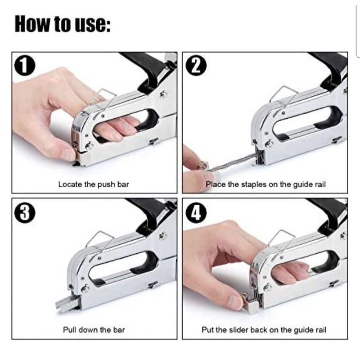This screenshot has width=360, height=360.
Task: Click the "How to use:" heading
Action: click(x=63, y=24)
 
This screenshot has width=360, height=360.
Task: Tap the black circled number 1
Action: click(x=25, y=67)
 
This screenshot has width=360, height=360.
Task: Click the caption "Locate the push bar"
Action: click(x=94, y=184)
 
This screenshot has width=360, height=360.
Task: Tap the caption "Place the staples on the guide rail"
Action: click(x=265, y=184)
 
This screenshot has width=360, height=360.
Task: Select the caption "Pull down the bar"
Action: click(x=94, y=330)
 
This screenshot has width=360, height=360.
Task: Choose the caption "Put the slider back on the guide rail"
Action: click(x=264, y=330)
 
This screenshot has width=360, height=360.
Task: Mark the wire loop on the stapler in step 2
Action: click(x=284, y=94)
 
